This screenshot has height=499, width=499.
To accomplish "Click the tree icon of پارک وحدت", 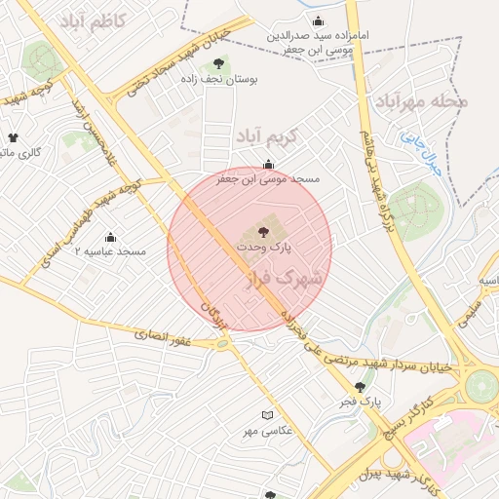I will (x=263, y=231).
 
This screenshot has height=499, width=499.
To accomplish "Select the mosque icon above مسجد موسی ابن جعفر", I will (x=268, y=164).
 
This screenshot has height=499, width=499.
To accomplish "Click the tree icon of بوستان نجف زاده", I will (x=217, y=64).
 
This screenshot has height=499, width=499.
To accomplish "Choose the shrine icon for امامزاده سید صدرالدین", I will (x=317, y=21).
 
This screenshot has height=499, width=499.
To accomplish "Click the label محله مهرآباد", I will (x=421, y=101).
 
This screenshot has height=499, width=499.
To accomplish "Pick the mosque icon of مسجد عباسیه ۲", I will (x=110, y=237).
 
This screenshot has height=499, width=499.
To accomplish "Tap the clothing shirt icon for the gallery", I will (x=13, y=137).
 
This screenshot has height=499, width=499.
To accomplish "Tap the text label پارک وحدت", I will (x=262, y=249).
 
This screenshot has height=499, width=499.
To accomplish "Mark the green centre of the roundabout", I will (x=480, y=385).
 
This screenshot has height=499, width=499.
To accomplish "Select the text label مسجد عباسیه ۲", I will (x=110, y=252).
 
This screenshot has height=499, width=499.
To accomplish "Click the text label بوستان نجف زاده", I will (x=217, y=81).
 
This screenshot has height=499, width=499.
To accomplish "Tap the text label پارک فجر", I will (x=372, y=401).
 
